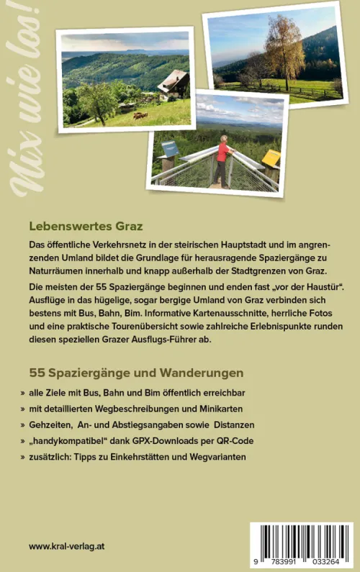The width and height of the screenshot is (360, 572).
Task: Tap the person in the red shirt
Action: point(222,159)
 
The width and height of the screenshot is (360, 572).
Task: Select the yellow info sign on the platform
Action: point(271,157)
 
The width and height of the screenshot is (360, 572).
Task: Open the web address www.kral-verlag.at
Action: point(67,547)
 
